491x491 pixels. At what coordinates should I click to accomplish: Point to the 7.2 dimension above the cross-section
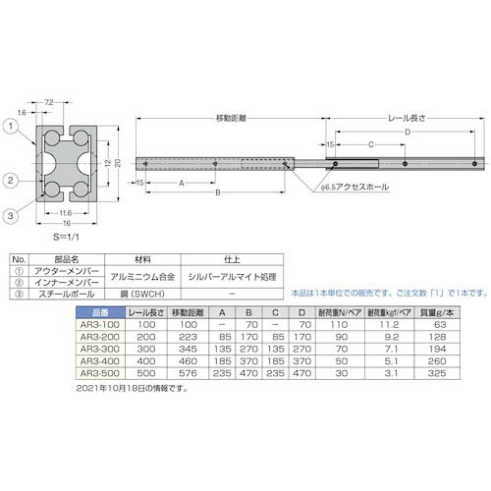tap(49, 102)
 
